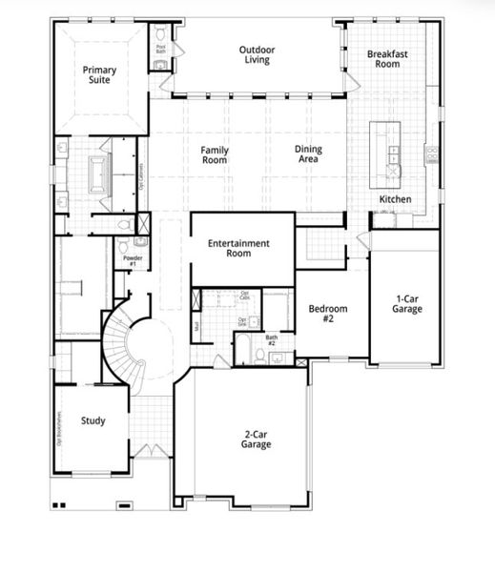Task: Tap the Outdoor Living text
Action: coord(255,54)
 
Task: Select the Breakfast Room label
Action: coord(388,59)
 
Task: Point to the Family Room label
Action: coord(214,154)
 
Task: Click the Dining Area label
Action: coord(308,154)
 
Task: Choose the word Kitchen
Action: coord(395,199)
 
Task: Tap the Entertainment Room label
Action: coord(238,249)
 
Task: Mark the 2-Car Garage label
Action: coord(256,439)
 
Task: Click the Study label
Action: coord(93,420)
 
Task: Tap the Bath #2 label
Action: coord(272,340)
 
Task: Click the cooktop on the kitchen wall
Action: coord(430,153)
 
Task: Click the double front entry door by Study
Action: coord(146,449)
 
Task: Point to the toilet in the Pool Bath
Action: coord(160,64)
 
